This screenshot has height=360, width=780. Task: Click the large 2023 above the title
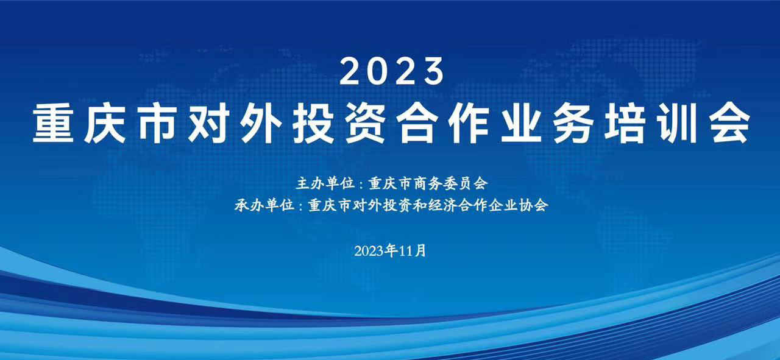point(392,71)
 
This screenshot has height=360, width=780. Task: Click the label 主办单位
point(325,183)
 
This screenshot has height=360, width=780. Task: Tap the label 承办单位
point(264,205)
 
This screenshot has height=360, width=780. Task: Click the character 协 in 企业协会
point(526,205)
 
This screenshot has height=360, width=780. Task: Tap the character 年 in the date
point(392,251)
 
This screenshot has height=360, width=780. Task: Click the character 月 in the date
point(420,251)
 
